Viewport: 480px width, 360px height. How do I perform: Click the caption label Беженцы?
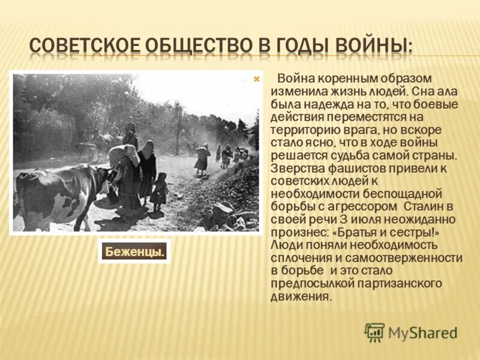pyautogui.click(x=134, y=252)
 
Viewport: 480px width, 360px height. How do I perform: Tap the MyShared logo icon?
pyautogui.click(x=374, y=332)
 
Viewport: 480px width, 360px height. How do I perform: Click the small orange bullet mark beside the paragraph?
pyautogui.click(x=257, y=79)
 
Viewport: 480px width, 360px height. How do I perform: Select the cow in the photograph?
pyautogui.click(x=57, y=195)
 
